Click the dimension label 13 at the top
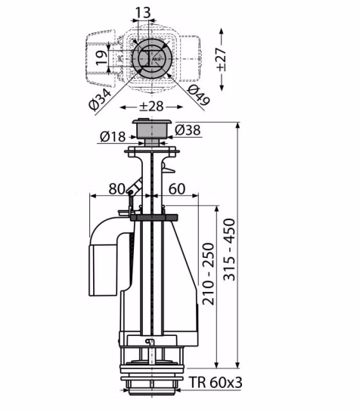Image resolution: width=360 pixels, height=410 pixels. click(143, 12)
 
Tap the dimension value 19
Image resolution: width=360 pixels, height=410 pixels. click(101, 57)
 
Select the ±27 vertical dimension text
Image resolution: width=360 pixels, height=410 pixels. click(221, 60)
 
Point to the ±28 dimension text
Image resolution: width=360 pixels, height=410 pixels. click(151, 106)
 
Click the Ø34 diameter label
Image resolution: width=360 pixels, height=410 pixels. click(100, 98)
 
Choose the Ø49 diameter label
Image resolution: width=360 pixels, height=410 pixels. click(199, 95)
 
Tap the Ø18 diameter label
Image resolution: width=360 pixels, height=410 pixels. click(113, 136)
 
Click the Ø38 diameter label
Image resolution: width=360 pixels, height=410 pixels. click(188, 129)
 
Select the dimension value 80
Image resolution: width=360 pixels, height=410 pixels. click(117, 188)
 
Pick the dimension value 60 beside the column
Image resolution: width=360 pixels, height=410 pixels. click(177, 188)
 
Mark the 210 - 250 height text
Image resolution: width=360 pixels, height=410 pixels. click(209, 274)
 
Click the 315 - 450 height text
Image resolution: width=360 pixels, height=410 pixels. click(229, 249)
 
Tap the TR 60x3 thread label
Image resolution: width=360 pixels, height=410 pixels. click(216, 382)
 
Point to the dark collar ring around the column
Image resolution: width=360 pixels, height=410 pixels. click(154, 217)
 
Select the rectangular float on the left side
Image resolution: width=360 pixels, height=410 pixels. click(104, 270)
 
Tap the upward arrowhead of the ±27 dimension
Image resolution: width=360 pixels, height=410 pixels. click(222, 32)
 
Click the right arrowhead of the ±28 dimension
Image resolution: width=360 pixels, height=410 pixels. click(179, 107)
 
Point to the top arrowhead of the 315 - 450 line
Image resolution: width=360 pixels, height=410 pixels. click(237, 126)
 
